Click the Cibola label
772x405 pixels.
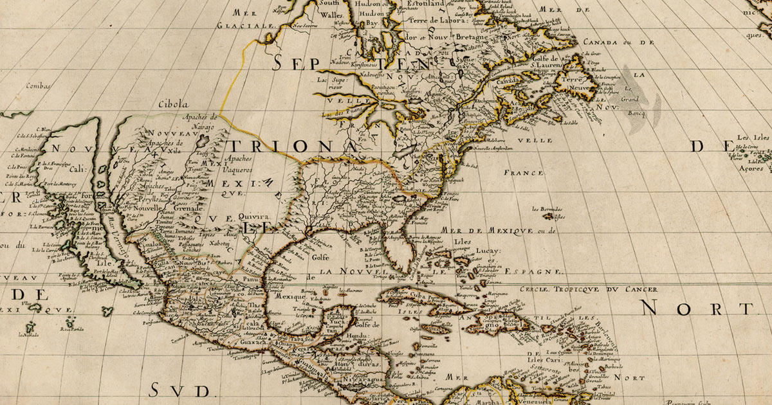click(174, 104)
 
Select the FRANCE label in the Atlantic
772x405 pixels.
click(524, 173)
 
